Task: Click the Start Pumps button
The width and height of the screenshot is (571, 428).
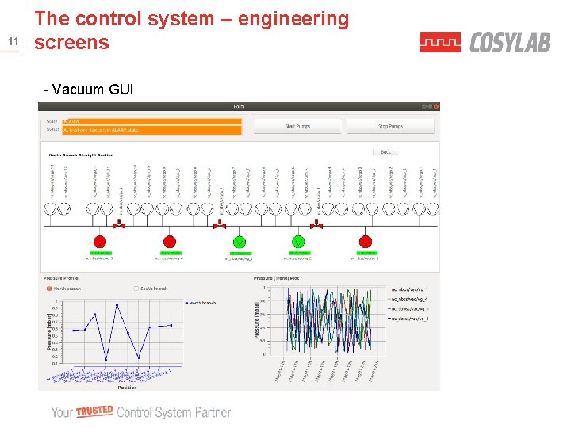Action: click(x=297, y=126)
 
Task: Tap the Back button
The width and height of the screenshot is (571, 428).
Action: click(x=385, y=151)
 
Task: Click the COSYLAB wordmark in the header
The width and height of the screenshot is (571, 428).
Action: click(x=509, y=43)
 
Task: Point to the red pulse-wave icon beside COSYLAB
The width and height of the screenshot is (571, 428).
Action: click(x=440, y=43)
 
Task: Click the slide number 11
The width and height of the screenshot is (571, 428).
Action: click(x=12, y=41)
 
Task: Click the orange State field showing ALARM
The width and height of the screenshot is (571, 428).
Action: click(x=151, y=121)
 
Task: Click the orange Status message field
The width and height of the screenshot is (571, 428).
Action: click(x=151, y=129)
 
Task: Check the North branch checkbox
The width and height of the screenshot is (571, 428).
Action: click(x=49, y=289)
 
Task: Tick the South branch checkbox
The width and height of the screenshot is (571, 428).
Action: click(x=136, y=289)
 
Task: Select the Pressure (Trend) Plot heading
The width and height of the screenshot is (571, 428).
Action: click(x=276, y=278)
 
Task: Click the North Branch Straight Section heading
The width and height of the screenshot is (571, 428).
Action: click(x=81, y=155)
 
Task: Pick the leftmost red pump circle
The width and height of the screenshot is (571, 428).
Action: click(x=100, y=241)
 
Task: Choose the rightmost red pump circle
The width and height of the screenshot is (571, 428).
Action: click(x=366, y=241)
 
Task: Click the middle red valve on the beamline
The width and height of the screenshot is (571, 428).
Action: click(x=220, y=226)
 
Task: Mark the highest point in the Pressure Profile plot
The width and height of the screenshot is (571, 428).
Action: click(x=117, y=304)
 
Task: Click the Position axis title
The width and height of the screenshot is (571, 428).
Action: click(x=127, y=388)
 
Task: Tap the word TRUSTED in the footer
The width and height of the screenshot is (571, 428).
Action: click(x=94, y=411)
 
